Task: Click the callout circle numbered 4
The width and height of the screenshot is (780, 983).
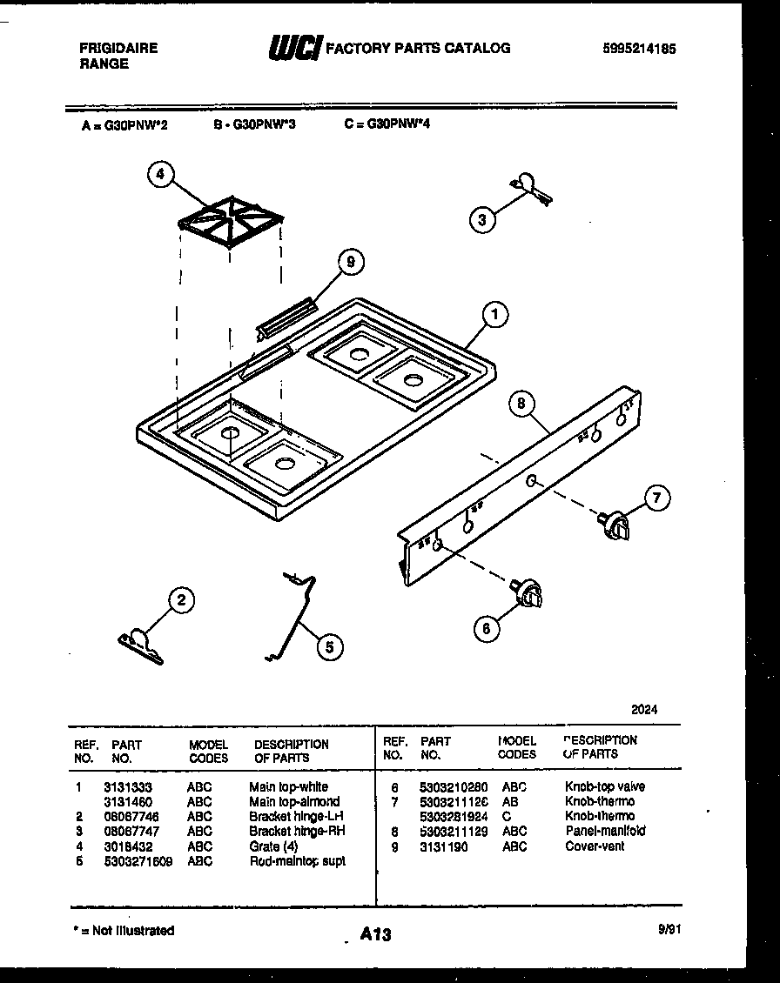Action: [x=159, y=175]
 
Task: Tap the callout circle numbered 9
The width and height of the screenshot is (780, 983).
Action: [x=350, y=263]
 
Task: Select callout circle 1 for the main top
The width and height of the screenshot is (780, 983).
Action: [x=494, y=315]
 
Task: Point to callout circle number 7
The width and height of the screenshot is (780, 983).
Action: [x=657, y=498]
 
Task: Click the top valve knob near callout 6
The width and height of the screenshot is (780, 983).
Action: [x=529, y=592]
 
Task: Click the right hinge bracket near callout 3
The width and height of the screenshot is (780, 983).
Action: [x=530, y=187]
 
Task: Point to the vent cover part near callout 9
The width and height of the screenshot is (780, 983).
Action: [x=287, y=318]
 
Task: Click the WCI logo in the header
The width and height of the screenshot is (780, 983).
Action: [x=294, y=48]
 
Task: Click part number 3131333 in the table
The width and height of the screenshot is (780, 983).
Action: [x=127, y=786]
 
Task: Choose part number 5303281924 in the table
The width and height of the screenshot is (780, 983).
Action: [x=454, y=816]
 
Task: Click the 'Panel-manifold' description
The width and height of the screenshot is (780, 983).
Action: [x=605, y=831]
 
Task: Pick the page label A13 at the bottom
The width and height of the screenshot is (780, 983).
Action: [x=375, y=934]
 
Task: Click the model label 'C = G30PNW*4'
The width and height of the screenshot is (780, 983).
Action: [x=387, y=124]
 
